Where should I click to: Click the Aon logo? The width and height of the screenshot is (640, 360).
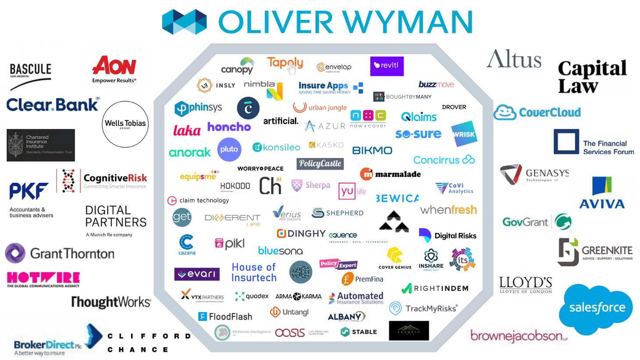114,69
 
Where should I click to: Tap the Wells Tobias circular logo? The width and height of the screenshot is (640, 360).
125,124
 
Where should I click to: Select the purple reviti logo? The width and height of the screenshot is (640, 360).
387,66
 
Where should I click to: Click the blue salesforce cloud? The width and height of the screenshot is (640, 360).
596,308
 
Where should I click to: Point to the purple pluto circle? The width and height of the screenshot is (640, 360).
229,150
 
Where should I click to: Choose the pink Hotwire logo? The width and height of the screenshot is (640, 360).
43,279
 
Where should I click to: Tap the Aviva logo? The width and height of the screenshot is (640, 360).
602,193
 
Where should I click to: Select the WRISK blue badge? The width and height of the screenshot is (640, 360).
464,134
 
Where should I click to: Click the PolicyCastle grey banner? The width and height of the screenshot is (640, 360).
320,164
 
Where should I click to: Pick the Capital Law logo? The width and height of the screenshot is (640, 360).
592,77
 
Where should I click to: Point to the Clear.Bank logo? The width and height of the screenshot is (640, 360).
53,105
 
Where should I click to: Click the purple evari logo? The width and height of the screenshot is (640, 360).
197,274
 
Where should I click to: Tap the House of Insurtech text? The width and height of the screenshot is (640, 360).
254,272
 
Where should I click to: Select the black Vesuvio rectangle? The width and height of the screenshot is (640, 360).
409,331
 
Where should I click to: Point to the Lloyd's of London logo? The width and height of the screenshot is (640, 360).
526,285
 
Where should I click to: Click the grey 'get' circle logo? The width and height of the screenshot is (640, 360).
182,217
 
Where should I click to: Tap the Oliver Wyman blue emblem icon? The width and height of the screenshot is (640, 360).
184,21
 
